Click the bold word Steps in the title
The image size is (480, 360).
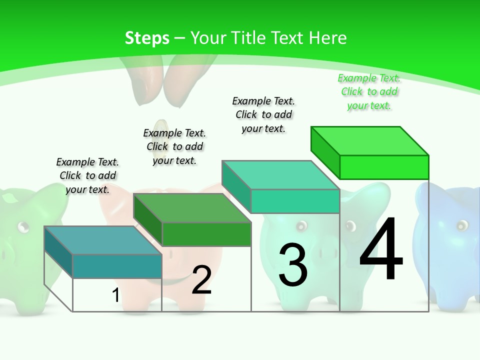click(x=147, y=38)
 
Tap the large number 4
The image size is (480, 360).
click(x=381, y=249)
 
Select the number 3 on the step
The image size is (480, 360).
click(x=292, y=265)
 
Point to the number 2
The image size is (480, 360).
click(x=201, y=280)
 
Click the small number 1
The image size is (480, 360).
click(x=115, y=295)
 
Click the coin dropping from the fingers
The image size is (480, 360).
click(x=161, y=125)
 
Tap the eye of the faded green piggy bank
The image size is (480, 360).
click(x=22, y=227)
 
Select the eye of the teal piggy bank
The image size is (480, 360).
click(x=301, y=226)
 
